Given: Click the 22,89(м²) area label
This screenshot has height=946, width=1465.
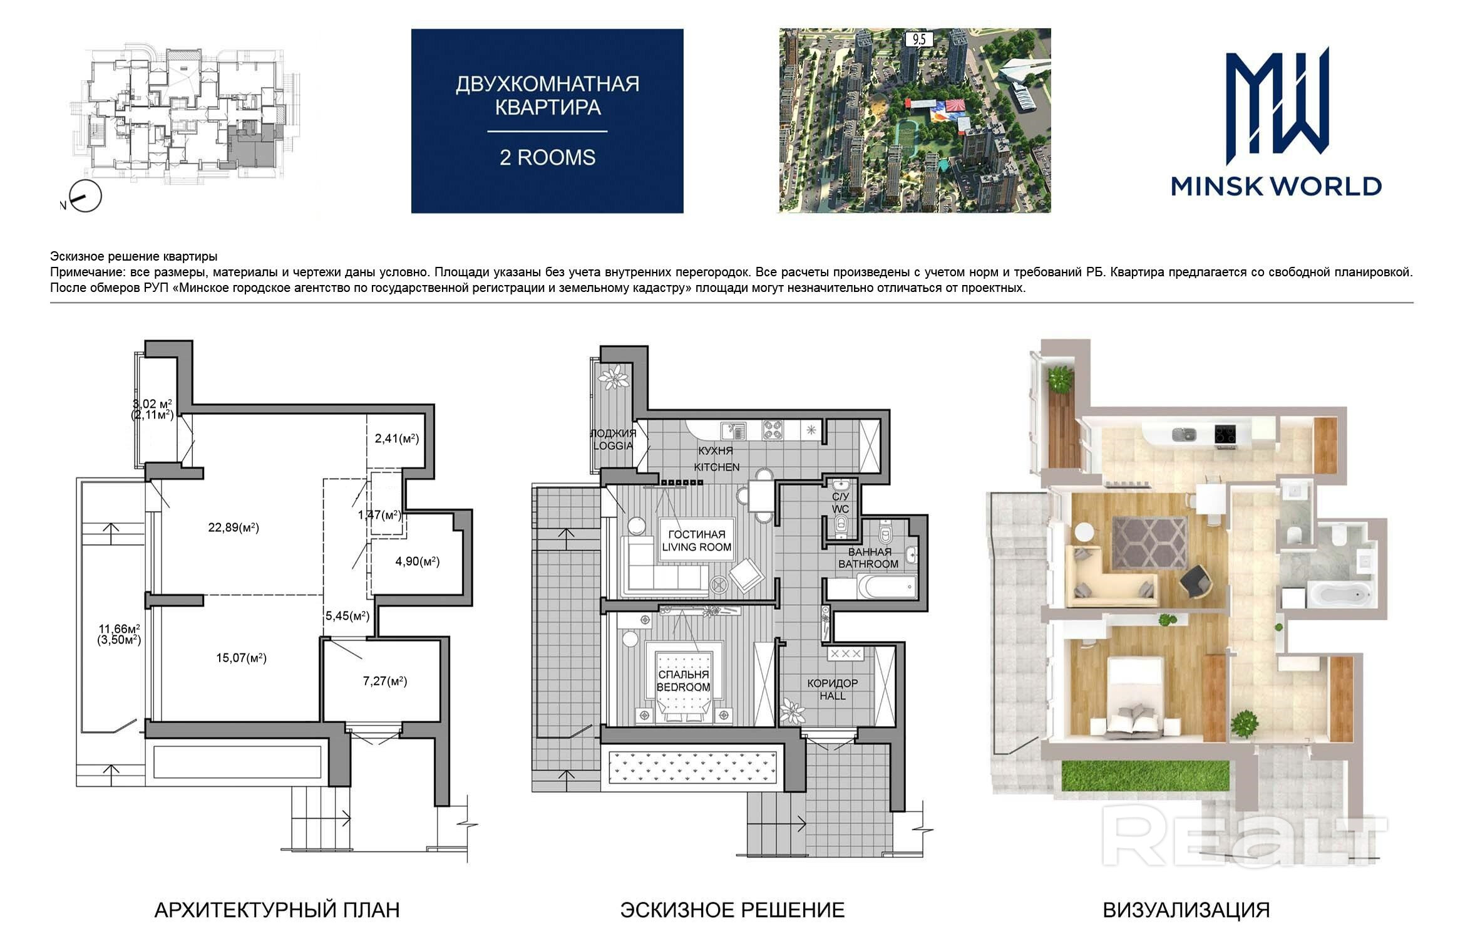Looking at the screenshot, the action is tap(234, 528).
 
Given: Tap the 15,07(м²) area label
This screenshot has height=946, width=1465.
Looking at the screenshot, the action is tap(241, 658).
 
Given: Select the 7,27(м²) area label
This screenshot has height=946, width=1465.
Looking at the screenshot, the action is tap(385, 681).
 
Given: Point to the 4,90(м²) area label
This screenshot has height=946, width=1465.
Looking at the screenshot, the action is tap(418, 561).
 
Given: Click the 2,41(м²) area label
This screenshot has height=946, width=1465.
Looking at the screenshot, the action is tap(397, 439).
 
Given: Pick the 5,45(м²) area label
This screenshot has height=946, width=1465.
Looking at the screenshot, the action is tap(347, 616).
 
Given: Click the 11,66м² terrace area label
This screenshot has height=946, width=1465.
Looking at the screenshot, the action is tap(120, 629).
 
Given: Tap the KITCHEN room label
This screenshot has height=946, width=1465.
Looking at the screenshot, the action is tap(717, 467).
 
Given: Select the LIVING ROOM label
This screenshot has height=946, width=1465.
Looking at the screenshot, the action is tap(697, 547).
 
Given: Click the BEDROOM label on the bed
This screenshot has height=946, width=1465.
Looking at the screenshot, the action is tap(684, 687).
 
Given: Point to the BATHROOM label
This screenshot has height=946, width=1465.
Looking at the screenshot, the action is tap(868, 564).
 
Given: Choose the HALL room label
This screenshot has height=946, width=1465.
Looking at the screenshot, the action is tap(833, 696).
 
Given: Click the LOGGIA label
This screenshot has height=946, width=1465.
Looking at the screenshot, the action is tap(614, 445).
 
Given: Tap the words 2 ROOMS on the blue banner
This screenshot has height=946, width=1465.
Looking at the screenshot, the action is tap(547, 157).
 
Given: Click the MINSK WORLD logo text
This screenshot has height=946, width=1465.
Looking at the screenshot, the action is tap(1276, 186).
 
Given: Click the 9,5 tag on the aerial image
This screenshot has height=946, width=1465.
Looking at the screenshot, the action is tap(919, 39).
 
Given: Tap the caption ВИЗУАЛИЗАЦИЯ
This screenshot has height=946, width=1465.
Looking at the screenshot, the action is tap(1186, 910).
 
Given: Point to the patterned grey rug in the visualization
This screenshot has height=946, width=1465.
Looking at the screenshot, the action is tap(1149, 543).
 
